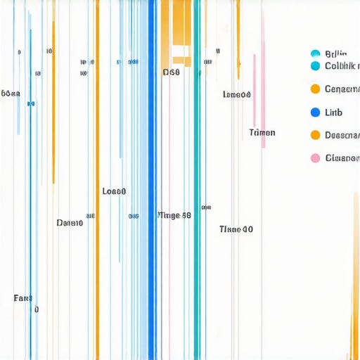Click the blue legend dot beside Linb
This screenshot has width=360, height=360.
coord(315,112)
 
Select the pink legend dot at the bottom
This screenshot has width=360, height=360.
coord(315,158)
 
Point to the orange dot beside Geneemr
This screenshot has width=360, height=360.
coord(315,89)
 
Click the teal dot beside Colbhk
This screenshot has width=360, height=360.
coord(315,66)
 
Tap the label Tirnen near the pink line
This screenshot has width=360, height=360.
coord(262,133)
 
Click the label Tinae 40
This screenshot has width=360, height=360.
coord(236,229)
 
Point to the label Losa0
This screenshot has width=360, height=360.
coord(114,191)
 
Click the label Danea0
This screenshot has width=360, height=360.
coord(70,223)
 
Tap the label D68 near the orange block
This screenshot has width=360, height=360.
coord(171,72)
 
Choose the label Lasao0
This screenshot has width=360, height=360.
coord(236,95)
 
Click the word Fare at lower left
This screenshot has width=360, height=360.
coord(22,298)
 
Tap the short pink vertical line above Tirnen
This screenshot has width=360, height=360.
coord(264,77)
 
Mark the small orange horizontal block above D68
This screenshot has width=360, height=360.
coord(181,60)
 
